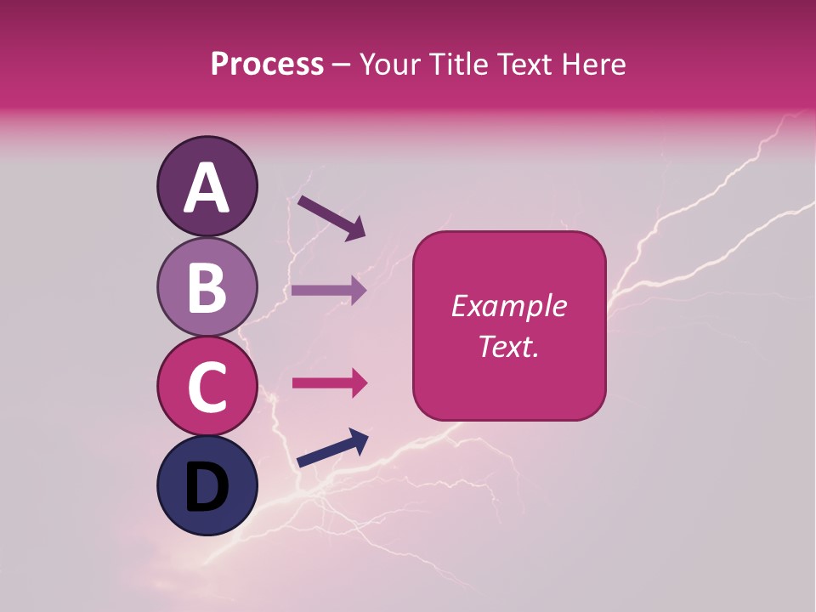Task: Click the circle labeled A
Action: (207, 186)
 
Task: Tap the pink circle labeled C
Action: (207, 386)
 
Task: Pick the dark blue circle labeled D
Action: (207, 486)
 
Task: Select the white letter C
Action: (207, 387)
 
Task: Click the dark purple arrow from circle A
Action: (331, 218)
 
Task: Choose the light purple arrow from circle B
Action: (329, 291)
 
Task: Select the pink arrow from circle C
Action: (329, 383)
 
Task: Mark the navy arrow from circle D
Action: (331, 449)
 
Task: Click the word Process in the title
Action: (267, 65)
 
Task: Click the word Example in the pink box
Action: (508, 306)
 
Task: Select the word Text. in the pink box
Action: (508, 346)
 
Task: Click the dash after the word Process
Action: (342, 65)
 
